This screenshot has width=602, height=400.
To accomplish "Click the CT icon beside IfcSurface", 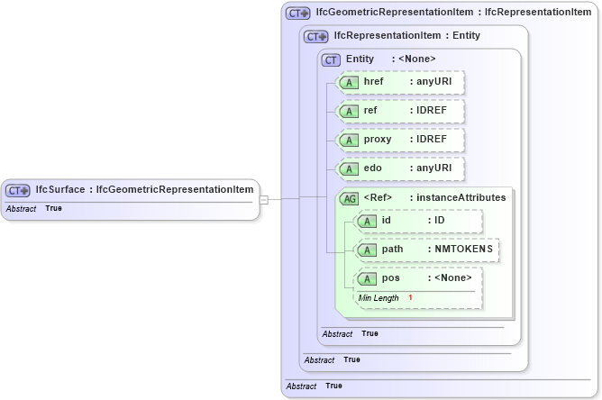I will point(19,190).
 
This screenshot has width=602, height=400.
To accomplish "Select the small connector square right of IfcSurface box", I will point(263,199).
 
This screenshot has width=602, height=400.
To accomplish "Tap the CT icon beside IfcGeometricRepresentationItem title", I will point(297,13).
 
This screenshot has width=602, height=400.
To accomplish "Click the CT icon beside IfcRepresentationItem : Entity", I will point(316,36).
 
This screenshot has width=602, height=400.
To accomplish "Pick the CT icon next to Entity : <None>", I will point(332,59).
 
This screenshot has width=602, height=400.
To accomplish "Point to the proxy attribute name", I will point(378,141).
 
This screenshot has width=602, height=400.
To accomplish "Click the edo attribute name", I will point(373,168).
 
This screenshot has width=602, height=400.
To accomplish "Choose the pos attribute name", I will point(390,277).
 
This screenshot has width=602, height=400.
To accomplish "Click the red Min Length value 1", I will point(410,297).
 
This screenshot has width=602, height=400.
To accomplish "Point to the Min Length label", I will point(379,297).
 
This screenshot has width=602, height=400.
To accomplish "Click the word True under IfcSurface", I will point(54,209).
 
